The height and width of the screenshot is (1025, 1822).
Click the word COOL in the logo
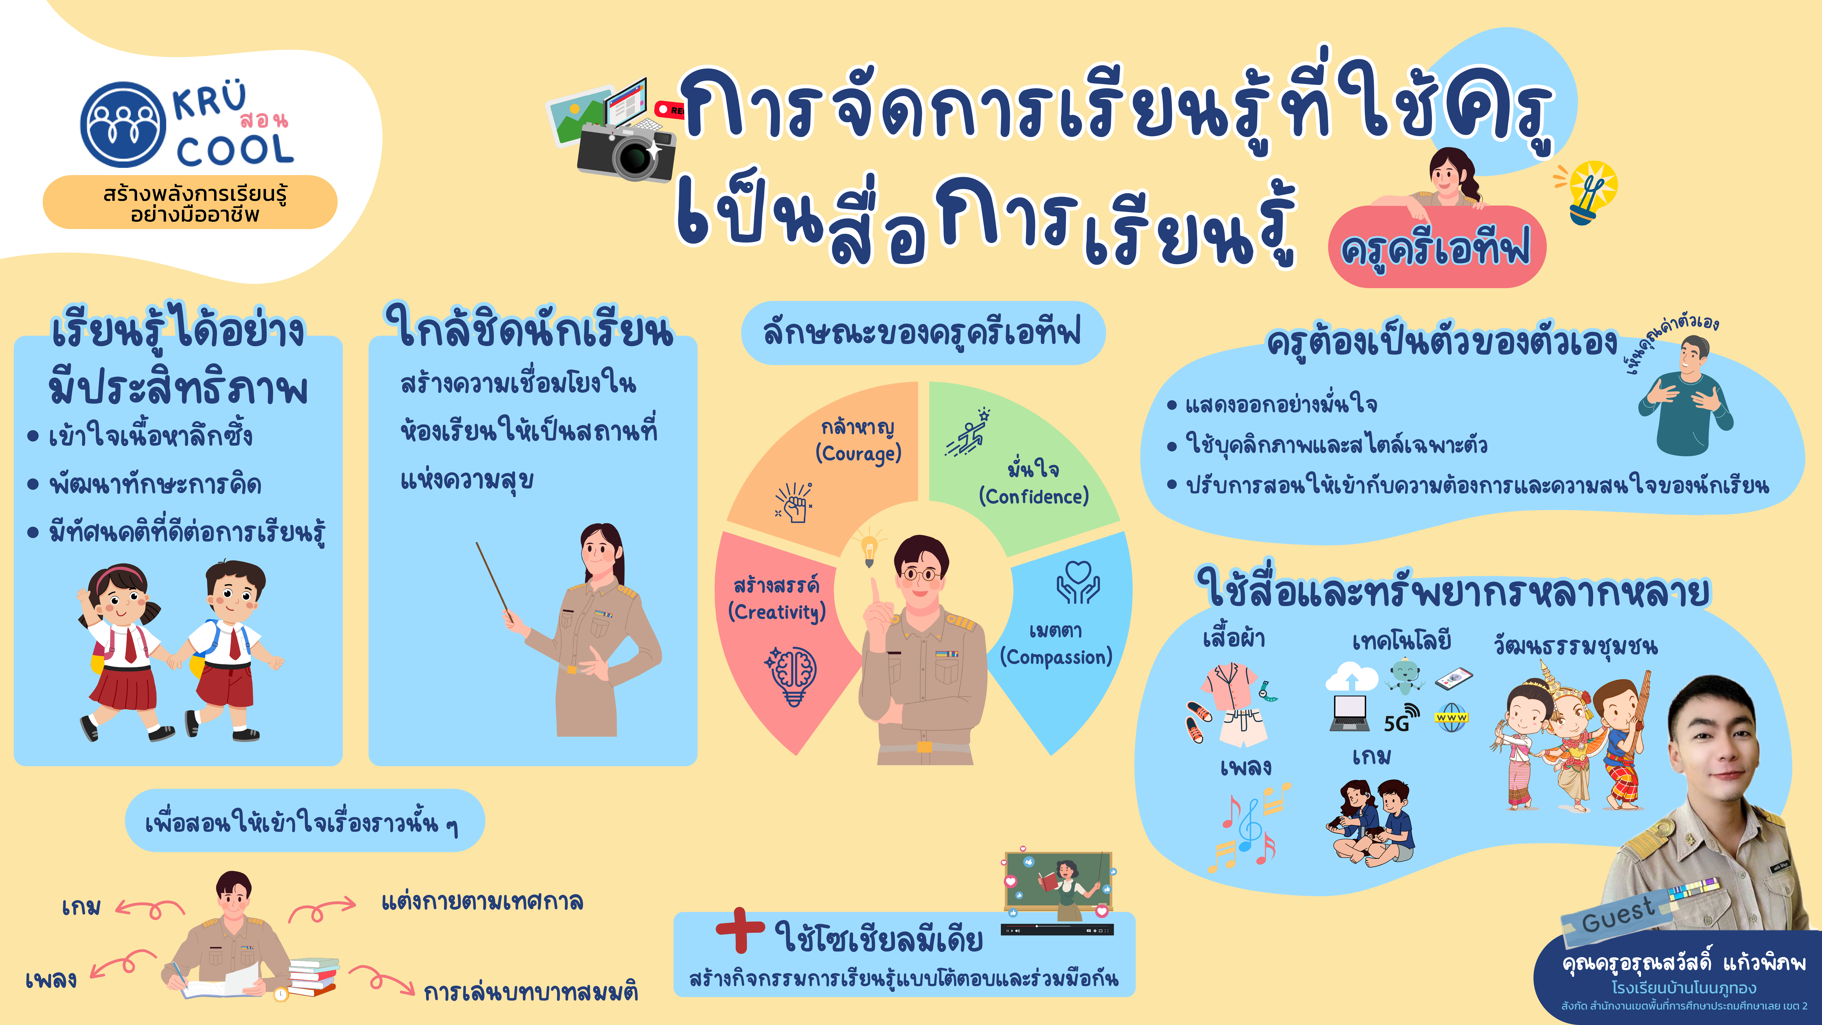[235, 150]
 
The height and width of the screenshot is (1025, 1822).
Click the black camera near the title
[626, 152]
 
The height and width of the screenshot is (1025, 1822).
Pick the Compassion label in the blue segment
[1056, 657]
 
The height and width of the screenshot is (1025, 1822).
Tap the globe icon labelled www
[1451, 717]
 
